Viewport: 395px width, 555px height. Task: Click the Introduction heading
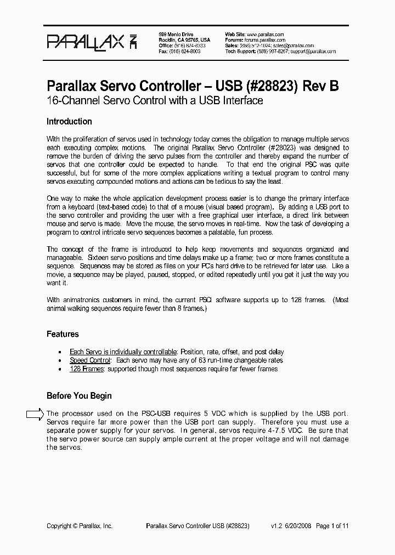point(69,122)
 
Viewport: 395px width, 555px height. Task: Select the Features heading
point(63,334)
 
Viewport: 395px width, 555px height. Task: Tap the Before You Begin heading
point(79,395)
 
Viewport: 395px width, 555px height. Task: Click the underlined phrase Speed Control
point(90,360)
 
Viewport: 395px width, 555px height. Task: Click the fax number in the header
point(187,51)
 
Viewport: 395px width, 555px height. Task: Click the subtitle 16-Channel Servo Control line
point(155,100)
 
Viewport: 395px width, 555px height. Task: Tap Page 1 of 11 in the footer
point(332,525)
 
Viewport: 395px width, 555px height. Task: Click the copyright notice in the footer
point(80,525)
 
